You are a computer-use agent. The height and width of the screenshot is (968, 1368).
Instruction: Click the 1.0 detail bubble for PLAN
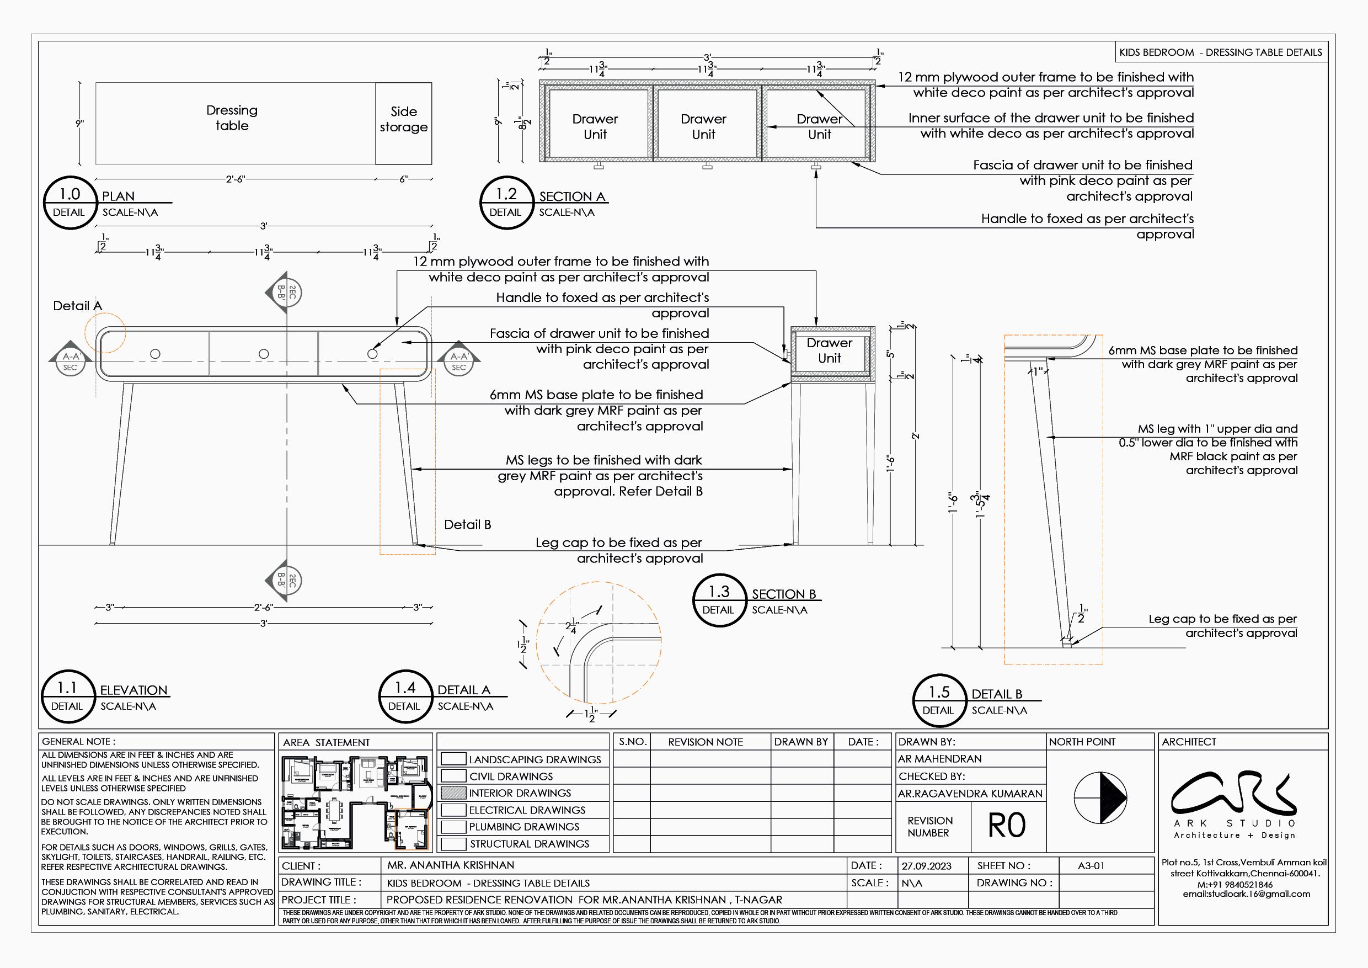point(69,203)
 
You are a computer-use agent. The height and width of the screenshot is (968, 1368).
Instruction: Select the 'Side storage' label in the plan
point(403,119)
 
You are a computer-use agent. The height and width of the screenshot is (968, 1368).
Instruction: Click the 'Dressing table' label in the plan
point(232,118)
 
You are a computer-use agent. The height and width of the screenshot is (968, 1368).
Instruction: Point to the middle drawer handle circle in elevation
point(264,354)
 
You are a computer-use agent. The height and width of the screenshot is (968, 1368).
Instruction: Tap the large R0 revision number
point(1007,826)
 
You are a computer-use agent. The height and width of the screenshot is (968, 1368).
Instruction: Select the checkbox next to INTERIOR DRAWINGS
point(453,793)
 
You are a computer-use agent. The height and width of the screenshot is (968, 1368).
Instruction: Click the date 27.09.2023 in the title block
point(926,866)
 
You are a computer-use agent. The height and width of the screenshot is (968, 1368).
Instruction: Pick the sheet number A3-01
point(1091,866)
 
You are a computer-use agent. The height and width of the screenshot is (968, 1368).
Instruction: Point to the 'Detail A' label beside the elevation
point(77,306)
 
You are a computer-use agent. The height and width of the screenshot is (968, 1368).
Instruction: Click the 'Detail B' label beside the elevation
point(468,524)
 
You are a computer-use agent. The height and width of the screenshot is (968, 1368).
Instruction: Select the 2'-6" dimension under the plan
point(236,179)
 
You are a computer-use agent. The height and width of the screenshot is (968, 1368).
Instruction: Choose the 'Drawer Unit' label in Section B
point(830,350)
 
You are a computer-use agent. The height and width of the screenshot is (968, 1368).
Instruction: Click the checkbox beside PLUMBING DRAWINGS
point(453,827)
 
